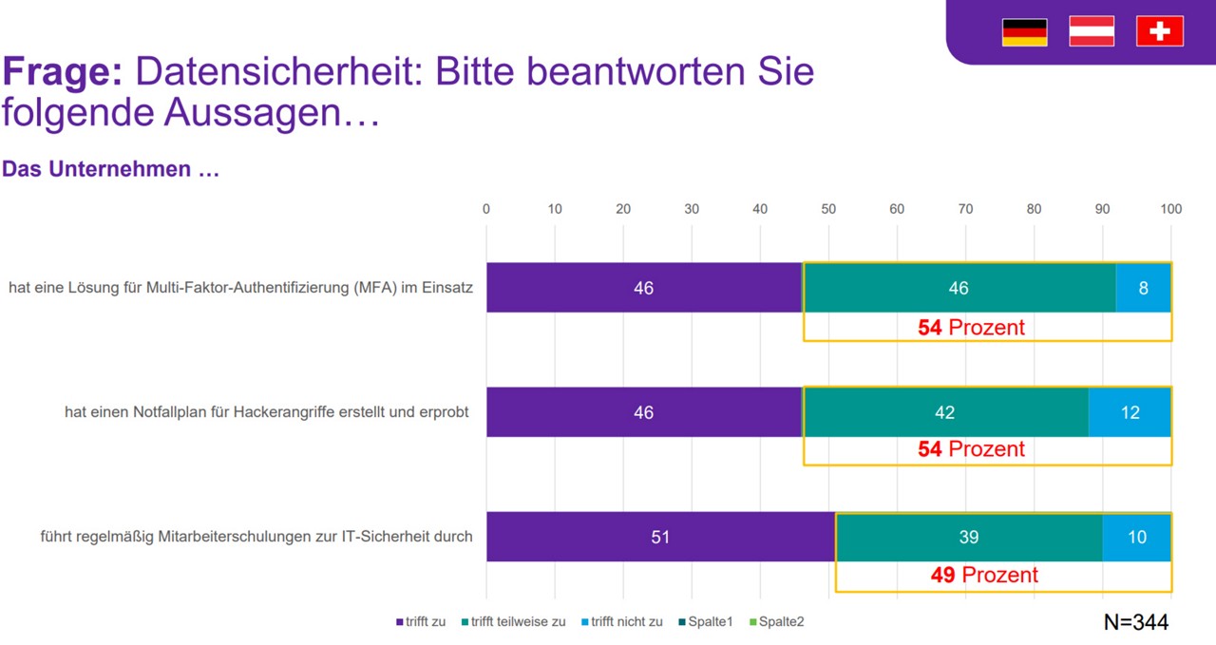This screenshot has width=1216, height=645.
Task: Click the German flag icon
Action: pos(1024,32)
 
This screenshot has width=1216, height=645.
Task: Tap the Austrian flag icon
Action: pos(1092,31)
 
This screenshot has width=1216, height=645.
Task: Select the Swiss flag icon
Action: pos(1159,31)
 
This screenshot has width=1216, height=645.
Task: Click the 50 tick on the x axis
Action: pos(828,209)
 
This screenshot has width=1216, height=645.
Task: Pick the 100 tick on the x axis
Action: pos(1170,209)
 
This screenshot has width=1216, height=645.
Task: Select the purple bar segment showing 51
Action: pos(660,537)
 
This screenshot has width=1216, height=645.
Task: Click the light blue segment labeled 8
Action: pos(1143,288)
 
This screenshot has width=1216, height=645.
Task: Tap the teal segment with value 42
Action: pos(945,412)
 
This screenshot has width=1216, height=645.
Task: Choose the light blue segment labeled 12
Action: pos(1130,412)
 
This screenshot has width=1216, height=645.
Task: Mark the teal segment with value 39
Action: pos(968,537)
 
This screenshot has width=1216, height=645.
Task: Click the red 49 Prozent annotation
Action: pos(984,575)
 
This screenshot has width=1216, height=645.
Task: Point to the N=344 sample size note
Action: pos(1136,622)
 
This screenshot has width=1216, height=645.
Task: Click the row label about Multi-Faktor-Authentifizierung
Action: pos(240,288)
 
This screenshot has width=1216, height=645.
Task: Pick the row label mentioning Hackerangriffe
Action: pos(267,412)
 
